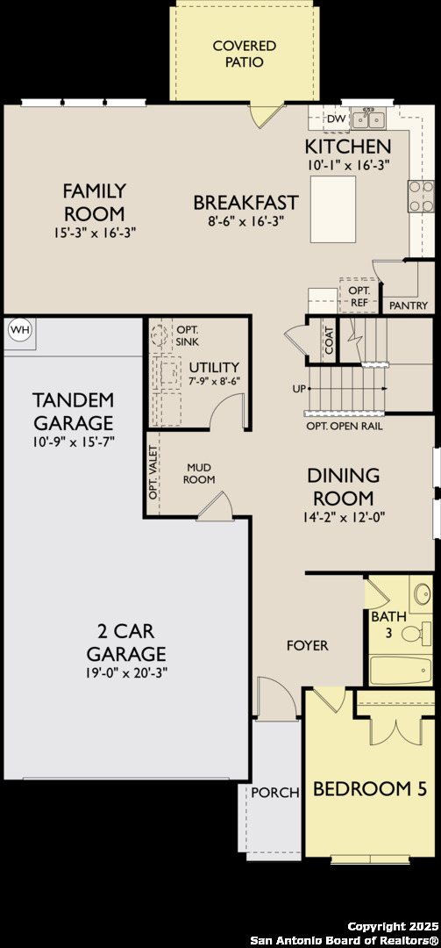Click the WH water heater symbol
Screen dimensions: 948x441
coord(18,330)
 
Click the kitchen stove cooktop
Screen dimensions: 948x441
coord(421,196)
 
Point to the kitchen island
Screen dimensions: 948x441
coord(332,209)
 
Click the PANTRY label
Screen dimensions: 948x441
coord(408,305)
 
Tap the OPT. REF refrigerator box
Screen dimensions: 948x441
coord(359,296)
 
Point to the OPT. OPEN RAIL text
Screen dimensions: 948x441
coord(344,426)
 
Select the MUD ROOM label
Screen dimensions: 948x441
coord(200,473)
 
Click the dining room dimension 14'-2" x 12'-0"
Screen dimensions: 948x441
coord(343,517)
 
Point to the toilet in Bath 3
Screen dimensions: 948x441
coord(423,632)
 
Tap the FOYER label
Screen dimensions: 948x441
coord(308,645)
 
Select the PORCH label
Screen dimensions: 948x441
coord(275,792)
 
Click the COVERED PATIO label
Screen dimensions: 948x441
coord(244,54)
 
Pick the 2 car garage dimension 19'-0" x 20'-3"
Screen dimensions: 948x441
coord(126,673)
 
